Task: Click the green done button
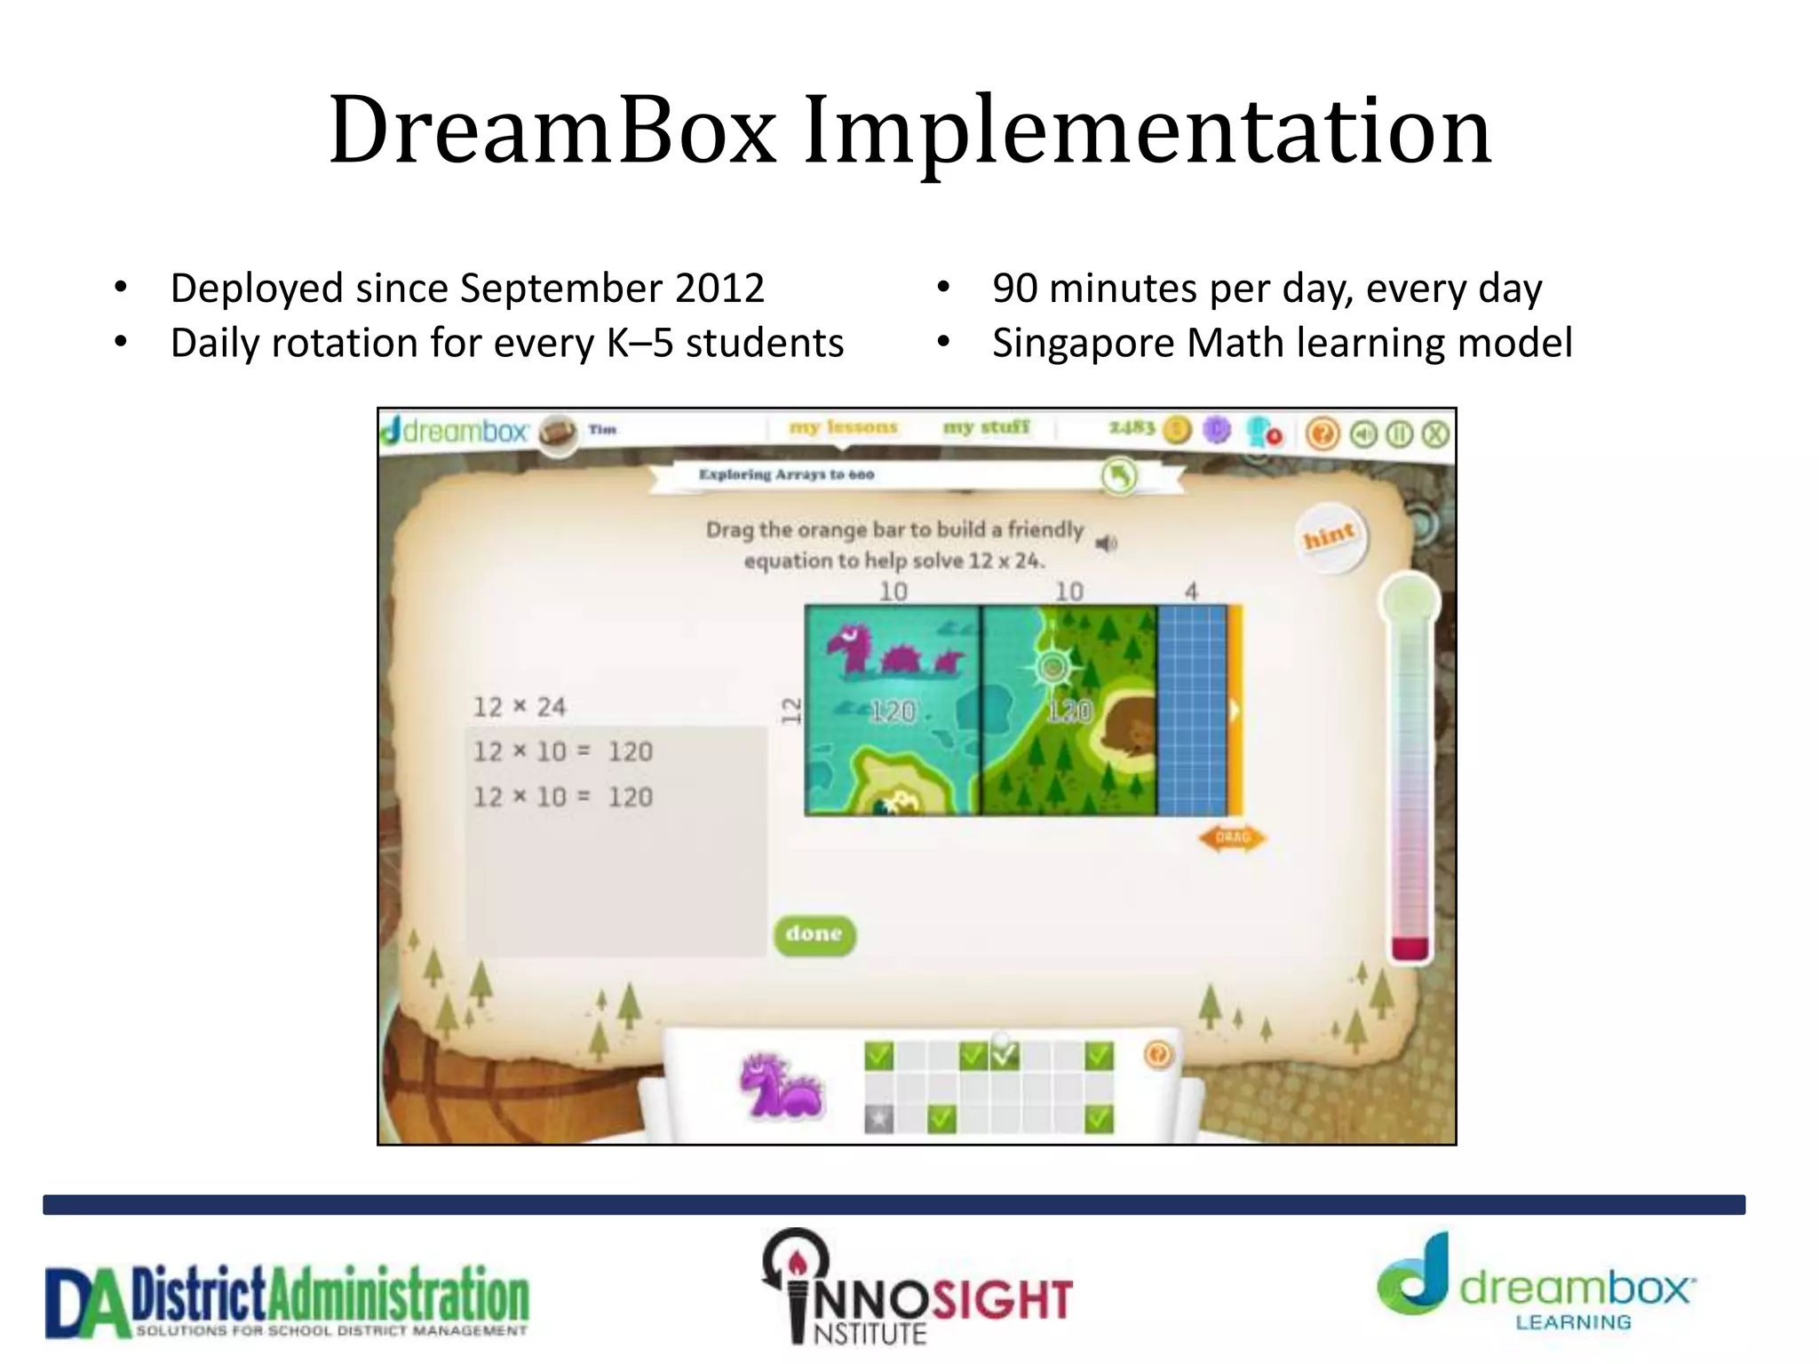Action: pyautogui.click(x=814, y=934)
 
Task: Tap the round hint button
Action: pyautogui.click(x=1330, y=536)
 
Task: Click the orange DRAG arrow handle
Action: pyautogui.click(x=1232, y=837)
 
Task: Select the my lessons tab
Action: pyautogui.click(x=843, y=427)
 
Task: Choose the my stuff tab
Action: pyautogui.click(x=986, y=427)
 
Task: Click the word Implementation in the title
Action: pyautogui.click(x=1147, y=131)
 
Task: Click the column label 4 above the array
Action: pyautogui.click(x=1191, y=591)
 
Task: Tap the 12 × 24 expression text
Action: pyautogui.click(x=519, y=707)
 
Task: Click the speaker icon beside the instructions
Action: pyautogui.click(x=1106, y=543)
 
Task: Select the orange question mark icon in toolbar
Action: pyautogui.click(x=1323, y=433)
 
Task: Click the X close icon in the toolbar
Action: pyautogui.click(x=1435, y=433)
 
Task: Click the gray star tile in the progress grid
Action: pyautogui.click(x=878, y=1119)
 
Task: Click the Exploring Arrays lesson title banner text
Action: pyautogui.click(x=786, y=474)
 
